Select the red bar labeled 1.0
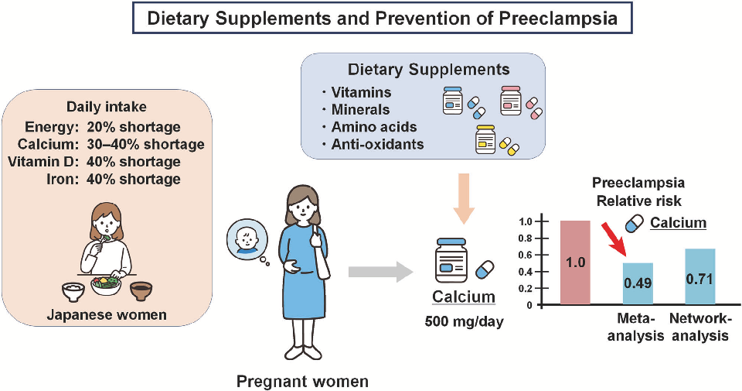[x=575, y=262]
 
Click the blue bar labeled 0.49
[x=638, y=283]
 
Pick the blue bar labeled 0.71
[x=700, y=276]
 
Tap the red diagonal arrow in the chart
[x=613, y=240]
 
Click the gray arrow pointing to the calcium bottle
[x=379, y=272]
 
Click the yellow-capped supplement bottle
[x=485, y=140]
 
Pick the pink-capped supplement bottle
[x=511, y=101]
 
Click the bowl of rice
[x=73, y=291]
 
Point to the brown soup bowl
[x=141, y=291]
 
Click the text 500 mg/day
[x=465, y=322]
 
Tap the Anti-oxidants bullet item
[x=373, y=145]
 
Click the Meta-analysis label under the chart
[x=636, y=327]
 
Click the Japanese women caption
[x=107, y=314]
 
